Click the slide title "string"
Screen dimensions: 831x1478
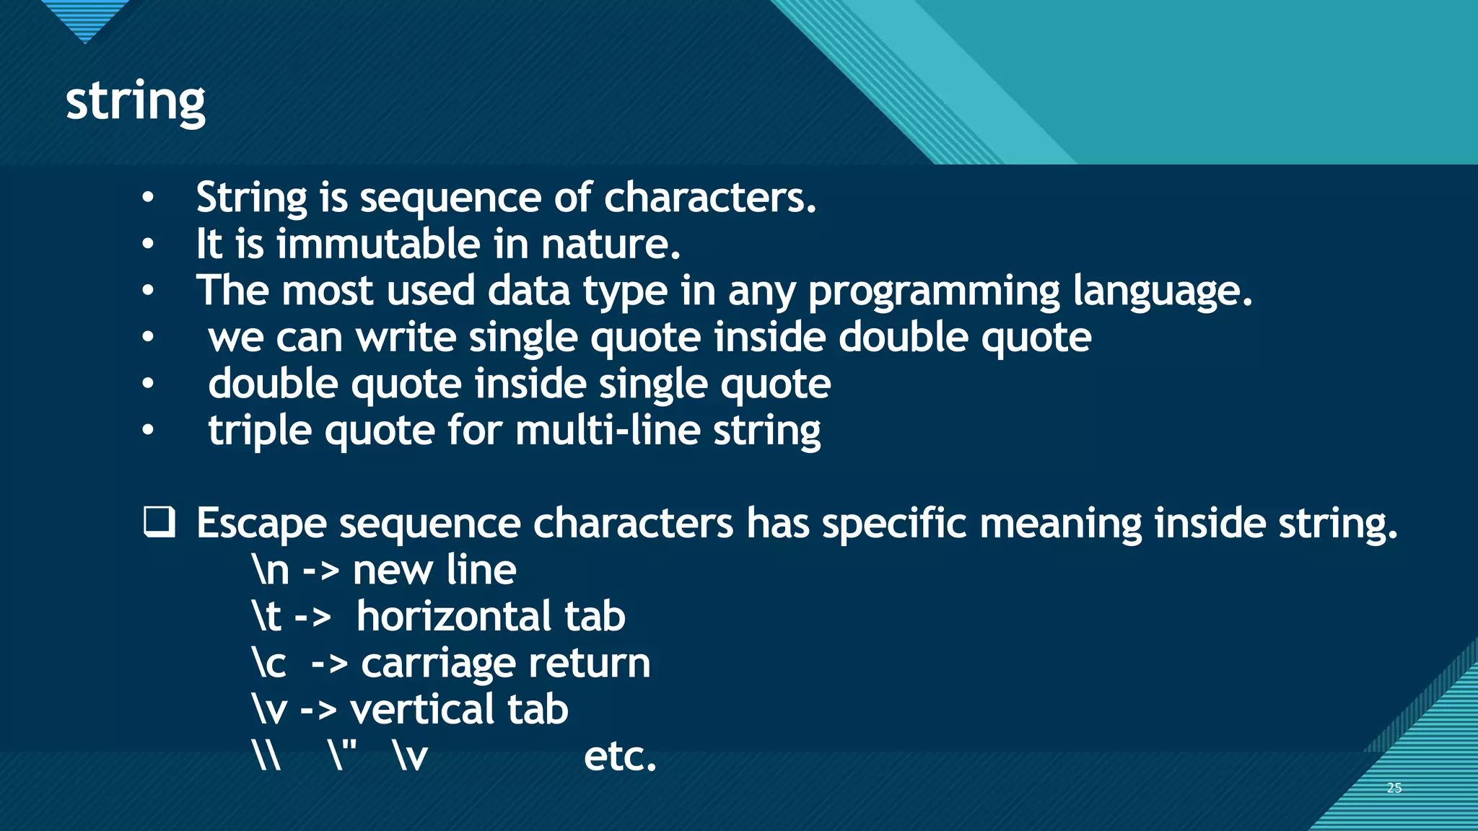(135, 102)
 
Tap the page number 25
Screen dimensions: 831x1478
(1394, 788)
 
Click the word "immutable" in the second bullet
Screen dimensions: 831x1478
(378, 244)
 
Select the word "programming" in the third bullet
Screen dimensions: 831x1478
(934, 291)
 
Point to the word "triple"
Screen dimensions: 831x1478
(260, 431)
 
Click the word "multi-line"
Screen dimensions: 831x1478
(608, 431)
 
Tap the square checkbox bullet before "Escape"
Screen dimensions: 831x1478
(159, 522)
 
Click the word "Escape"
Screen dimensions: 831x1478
(261, 524)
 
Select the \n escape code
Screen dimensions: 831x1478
(271, 570)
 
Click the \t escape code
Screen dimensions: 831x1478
(266, 617)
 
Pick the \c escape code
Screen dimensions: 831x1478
(269, 663)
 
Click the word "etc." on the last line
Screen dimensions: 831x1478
(620, 757)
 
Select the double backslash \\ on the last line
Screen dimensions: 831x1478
(267, 757)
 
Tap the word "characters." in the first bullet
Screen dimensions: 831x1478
(709, 198)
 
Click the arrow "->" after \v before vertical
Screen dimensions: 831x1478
(318, 711)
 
